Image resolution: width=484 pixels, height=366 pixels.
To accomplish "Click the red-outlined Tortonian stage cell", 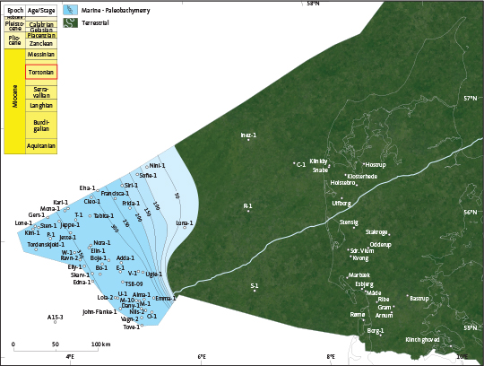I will click(x=41, y=73).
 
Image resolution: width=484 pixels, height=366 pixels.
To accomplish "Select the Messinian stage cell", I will click(x=41, y=54).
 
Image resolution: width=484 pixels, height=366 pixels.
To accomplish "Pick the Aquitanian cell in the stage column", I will click(x=41, y=144).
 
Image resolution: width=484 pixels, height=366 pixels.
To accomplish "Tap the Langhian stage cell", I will click(x=41, y=106).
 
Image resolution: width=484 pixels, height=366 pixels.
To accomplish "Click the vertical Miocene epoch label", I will click(x=14, y=100).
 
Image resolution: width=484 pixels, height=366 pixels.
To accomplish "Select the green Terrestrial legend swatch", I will click(x=68, y=22).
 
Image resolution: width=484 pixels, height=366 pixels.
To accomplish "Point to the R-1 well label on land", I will click(x=248, y=206).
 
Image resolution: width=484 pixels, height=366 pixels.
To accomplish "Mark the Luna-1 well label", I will click(x=185, y=222).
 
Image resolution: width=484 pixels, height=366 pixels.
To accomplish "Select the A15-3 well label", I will click(x=56, y=317).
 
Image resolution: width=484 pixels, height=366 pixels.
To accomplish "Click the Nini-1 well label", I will click(x=158, y=165).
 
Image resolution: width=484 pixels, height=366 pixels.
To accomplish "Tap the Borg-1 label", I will click(x=376, y=330).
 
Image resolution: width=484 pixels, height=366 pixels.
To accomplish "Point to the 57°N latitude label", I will click(x=471, y=98).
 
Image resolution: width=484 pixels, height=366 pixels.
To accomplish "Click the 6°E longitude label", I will click(x=202, y=357).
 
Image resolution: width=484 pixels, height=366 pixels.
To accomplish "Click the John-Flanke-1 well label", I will click(x=99, y=312).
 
